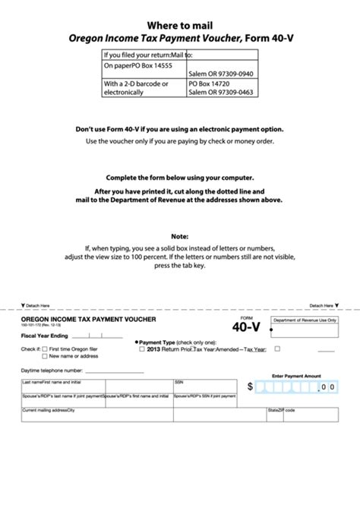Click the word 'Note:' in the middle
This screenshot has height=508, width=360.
click(x=180, y=236)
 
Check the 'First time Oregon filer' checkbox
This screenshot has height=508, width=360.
click(x=46, y=349)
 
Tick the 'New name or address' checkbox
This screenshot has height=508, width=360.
click(x=46, y=355)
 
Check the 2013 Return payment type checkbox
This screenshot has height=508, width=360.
click(x=142, y=349)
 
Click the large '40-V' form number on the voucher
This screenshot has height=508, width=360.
click(x=246, y=327)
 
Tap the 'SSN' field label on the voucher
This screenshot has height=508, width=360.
click(x=179, y=382)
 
